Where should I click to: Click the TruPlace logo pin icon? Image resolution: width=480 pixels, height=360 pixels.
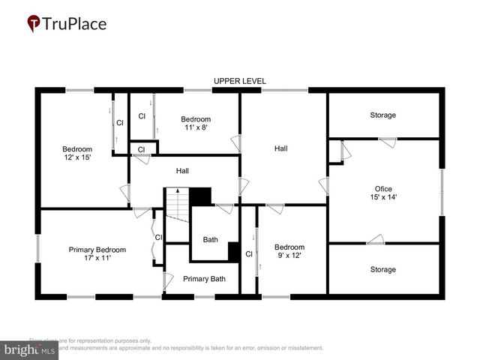point(34,24)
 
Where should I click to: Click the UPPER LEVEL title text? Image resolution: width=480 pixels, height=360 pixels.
point(239,81)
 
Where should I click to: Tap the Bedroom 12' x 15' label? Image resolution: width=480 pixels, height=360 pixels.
point(76,153)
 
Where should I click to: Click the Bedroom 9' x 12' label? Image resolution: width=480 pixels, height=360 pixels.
point(289,251)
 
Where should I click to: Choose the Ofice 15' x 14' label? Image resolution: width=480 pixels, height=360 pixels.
point(383,193)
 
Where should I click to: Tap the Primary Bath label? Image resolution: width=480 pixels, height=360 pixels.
point(204,279)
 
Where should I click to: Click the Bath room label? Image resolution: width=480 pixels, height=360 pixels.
point(211,240)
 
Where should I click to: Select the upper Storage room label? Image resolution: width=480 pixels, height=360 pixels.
point(382,115)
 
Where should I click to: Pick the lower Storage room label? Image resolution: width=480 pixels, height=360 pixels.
point(382,270)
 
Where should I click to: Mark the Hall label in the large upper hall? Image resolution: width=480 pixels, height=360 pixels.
point(280,148)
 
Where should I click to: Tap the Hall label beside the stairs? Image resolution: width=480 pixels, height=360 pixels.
point(182,171)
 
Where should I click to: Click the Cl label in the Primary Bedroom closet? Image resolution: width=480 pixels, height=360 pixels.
point(158,238)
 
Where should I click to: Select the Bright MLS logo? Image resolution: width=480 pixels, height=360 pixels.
point(30,349)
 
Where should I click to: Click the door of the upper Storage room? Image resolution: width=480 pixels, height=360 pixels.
point(387,142)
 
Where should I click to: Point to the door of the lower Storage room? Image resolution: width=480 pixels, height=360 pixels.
point(375,240)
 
